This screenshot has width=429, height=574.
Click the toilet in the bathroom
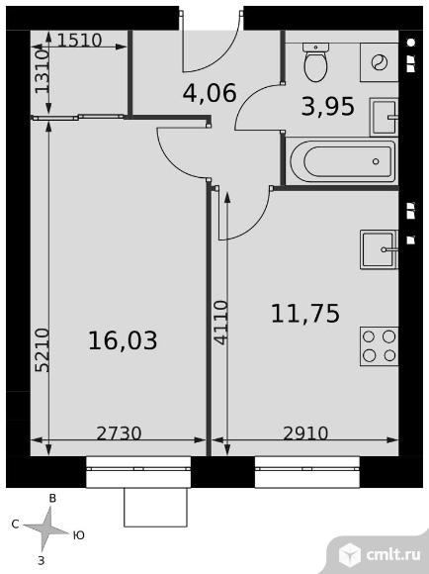316,62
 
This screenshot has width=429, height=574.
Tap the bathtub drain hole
376,161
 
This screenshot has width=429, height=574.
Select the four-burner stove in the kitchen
379,346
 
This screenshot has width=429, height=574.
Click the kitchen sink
379,249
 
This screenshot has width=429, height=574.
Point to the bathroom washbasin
384,117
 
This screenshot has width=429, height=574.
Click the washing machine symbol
380,62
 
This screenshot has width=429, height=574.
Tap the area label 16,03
123,340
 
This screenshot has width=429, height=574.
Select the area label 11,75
305,314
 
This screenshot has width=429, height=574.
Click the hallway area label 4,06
210,93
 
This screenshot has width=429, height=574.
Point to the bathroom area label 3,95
328,107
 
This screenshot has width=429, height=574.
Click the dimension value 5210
43,350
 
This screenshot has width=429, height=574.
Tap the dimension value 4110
220,323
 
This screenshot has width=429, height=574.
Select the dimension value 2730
119,433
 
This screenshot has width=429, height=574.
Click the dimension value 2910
305,433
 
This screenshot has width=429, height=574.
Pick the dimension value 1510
79,41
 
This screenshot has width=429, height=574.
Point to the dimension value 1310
43,71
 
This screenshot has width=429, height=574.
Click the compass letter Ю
79,535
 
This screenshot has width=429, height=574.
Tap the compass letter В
52,498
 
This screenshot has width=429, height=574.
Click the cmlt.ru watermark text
393,555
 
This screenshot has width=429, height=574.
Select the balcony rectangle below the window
156,508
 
